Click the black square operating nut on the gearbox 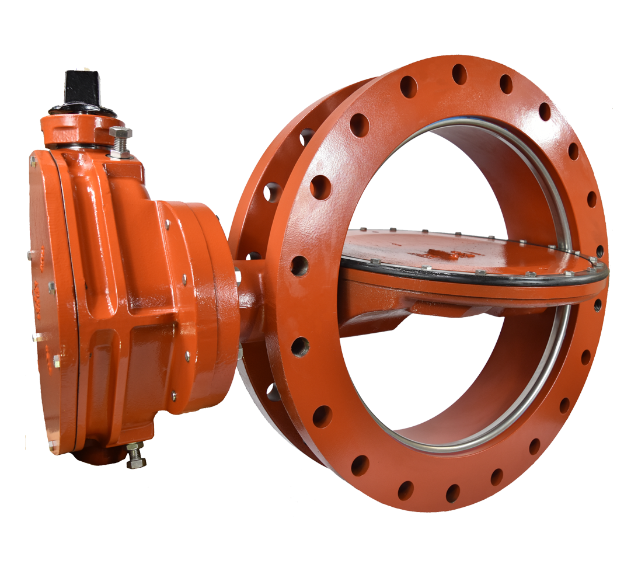coord(82,88)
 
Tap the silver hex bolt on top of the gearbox coord(120,141)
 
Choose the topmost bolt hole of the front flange coord(460,74)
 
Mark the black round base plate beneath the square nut coord(82,110)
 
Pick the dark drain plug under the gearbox coord(93,455)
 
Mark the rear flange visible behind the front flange coord(251,193)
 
